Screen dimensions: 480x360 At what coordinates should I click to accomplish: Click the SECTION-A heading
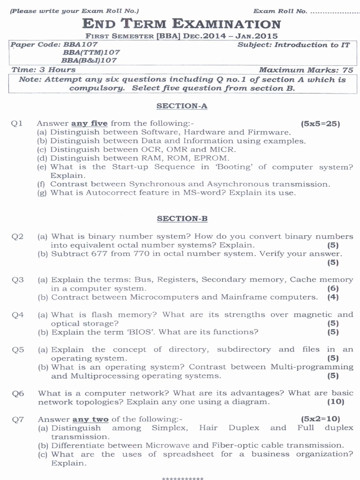pyautogui.click(x=181, y=106)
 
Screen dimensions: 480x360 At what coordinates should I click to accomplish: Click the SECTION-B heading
pyautogui.click(x=182, y=219)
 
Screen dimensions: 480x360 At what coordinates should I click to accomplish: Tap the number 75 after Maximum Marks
pyautogui.click(x=348, y=70)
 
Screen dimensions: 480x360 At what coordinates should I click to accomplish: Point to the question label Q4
pyautogui.click(x=18, y=315)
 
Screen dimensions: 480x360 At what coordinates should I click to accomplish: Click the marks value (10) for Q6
pyautogui.click(x=336, y=402)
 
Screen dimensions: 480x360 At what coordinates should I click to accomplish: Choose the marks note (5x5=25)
pyautogui.click(x=321, y=124)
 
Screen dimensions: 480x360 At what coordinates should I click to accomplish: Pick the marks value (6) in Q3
pyautogui.click(x=333, y=288)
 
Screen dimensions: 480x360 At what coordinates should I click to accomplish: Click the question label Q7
pyautogui.click(x=18, y=419)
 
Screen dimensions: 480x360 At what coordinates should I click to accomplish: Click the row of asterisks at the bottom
pyautogui.click(x=182, y=478)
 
